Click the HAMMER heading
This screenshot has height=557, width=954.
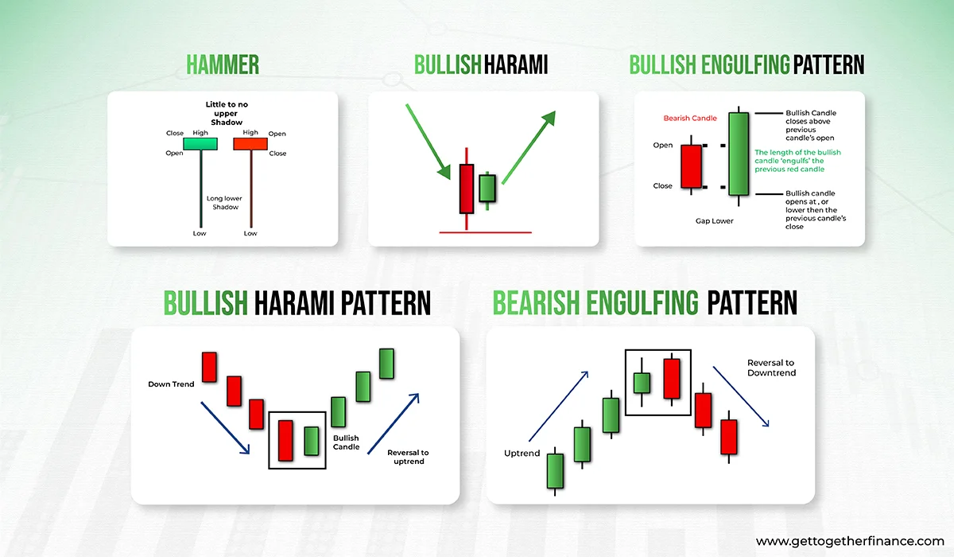pyautogui.click(x=223, y=64)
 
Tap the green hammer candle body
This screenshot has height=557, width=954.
pyautogui.click(x=200, y=143)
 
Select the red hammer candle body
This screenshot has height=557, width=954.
pyautogui.click(x=250, y=143)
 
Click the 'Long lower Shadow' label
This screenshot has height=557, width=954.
pyautogui.click(x=224, y=202)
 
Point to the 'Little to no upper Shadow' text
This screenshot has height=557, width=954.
pyautogui.click(x=226, y=113)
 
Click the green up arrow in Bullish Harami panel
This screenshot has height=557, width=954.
pyautogui.click(x=529, y=147)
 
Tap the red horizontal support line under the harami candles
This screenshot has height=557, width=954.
pyautogui.click(x=485, y=232)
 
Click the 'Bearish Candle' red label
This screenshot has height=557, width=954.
pyautogui.click(x=690, y=118)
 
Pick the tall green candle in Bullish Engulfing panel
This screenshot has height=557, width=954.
pyautogui.click(x=739, y=154)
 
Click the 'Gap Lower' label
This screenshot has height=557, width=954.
pyautogui.click(x=714, y=220)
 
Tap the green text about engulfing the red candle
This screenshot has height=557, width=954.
pyautogui.click(x=797, y=161)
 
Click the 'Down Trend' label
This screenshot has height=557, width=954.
pyautogui.click(x=171, y=384)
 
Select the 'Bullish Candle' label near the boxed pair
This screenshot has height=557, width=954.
pyautogui.click(x=346, y=442)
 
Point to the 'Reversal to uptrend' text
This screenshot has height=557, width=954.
pyautogui.click(x=408, y=457)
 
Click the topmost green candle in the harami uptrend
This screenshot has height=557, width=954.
pyautogui.click(x=386, y=364)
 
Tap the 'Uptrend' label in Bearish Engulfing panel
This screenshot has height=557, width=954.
pyautogui.click(x=522, y=453)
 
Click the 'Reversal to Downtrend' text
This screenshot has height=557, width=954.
pyautogui.click(x=771, y=368)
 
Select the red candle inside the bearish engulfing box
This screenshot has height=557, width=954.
pyautogui.click(x=672, y=379)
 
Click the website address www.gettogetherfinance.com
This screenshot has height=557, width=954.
pyautogui.click(x=850, y=541)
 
